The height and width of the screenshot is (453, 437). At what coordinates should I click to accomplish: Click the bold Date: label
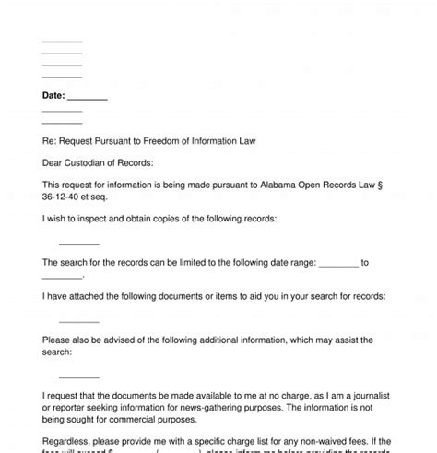(x=53, y=95)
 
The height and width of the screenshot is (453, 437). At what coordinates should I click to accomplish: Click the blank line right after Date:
(x=88, y=97)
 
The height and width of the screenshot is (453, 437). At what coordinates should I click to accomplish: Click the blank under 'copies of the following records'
(x=78, y=243)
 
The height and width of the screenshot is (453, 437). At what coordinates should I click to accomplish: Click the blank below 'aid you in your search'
(x=78, y=320)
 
